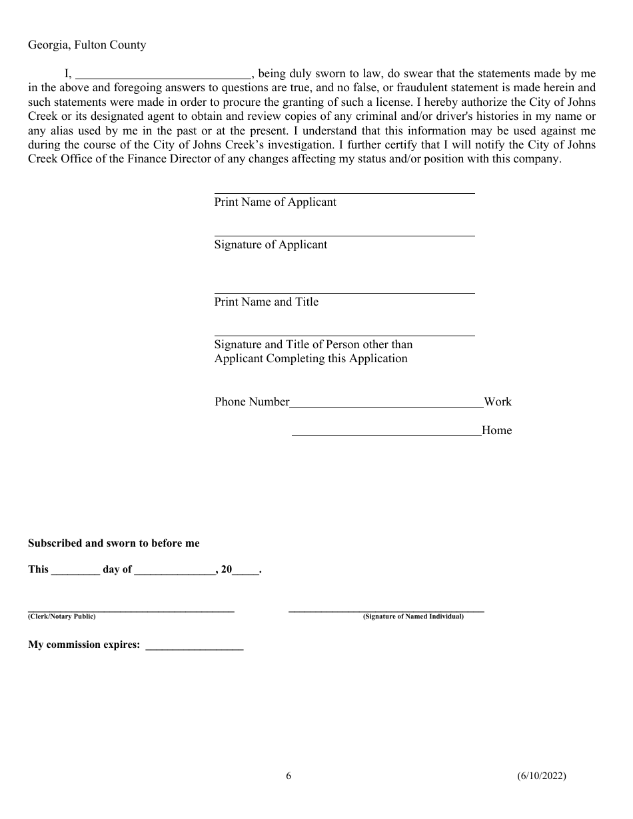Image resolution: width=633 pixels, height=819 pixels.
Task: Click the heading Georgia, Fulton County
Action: pyautogui.click(x=87, y=45)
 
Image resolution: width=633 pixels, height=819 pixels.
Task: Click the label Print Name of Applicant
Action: pyautogui.click(x=275, y=202)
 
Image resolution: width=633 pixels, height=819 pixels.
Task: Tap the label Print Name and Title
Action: pyautogui.click(x=267, y=302)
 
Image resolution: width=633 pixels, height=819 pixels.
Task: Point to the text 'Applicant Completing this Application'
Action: pyautogui.click(x=311, y=358)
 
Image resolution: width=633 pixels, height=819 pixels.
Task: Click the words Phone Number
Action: pyautogui.click(x=252, y=402)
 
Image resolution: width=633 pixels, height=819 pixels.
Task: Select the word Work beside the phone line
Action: pyautogui.click(x=498, y=402)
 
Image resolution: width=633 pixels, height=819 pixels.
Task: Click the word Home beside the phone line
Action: pyautogui.click(x=497, y=430)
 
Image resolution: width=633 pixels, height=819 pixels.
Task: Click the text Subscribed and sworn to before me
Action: pyautogui.click(x=114, y=543)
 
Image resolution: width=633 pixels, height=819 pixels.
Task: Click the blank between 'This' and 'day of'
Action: pyautogui.click(x=75, y=571)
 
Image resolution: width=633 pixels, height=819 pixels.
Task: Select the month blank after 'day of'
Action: pyautogui.click(x=175, y=571)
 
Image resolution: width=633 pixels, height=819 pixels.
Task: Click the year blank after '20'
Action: pyautogui.click(x=245, y=571)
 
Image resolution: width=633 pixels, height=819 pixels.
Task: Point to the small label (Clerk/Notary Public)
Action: pyautogui.click(x=62, y=617)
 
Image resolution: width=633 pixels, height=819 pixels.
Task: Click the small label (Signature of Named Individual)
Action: pyautogui.click(x=413, y=617)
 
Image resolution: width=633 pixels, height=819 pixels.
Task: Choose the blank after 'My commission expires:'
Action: pyautogui.click(x=194, y=646)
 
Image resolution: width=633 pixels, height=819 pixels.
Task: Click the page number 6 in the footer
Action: pyautogui.click(x=289, y=775)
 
